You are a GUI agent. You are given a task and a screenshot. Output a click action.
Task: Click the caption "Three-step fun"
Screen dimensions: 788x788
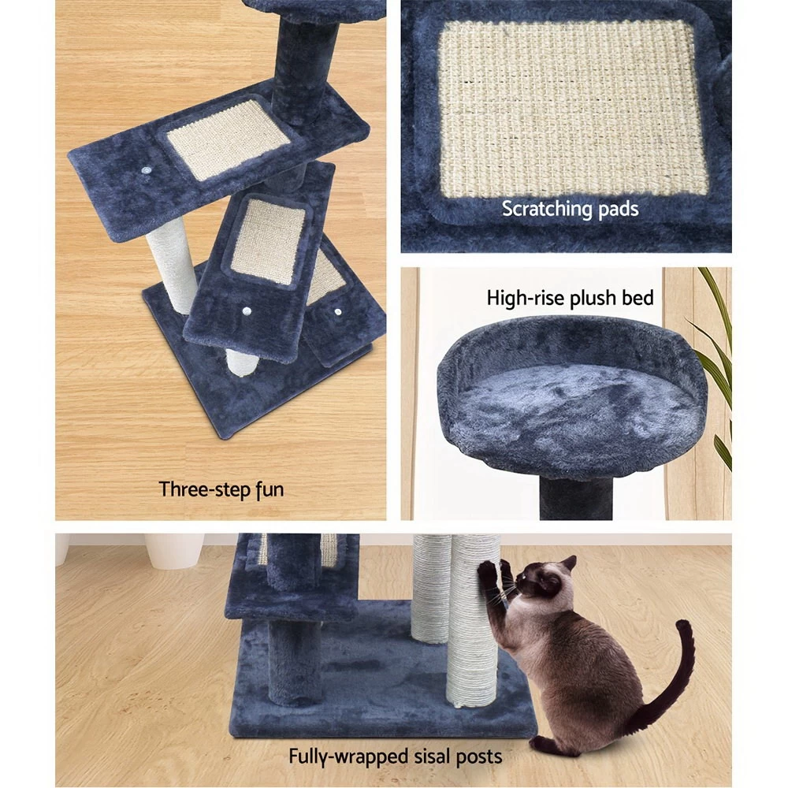[221, 489]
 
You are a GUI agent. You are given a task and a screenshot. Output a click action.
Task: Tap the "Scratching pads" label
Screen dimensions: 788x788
[570, 209]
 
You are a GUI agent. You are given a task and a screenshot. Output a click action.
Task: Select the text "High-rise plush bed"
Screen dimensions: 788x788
[570, 298]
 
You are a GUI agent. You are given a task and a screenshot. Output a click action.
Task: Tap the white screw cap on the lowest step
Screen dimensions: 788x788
[338, 312]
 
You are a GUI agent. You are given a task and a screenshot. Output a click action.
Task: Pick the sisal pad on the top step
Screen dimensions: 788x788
[229, 139]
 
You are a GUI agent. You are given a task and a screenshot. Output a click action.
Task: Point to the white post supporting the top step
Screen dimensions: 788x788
[172, 264]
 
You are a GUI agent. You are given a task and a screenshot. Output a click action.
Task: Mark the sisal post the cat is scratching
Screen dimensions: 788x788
[472, 623]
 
